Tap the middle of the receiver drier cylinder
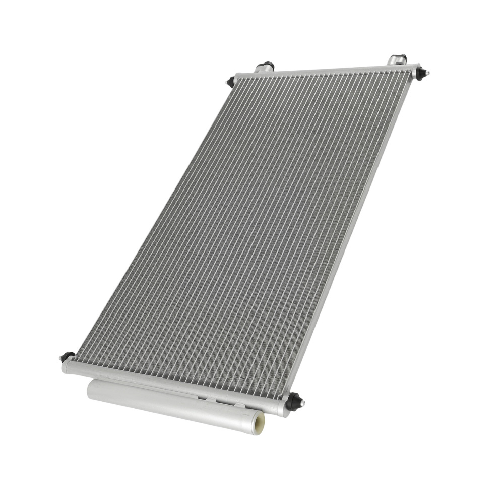[171, 400]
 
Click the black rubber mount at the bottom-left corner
[68, 356]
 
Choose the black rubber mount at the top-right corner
[420, 73]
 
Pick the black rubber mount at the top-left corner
[231, 81]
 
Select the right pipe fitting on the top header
[397, 60]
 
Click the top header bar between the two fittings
[328, 71]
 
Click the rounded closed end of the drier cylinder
[90, 388]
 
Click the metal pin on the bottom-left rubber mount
[61, 358]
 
